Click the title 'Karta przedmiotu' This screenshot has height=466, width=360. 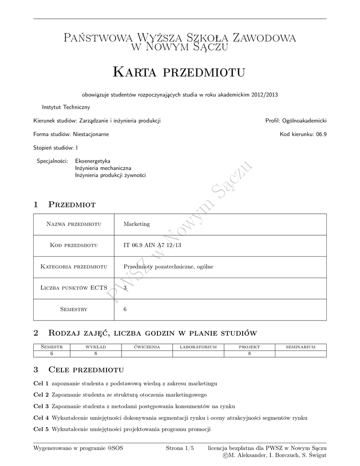pyautogui.click(x=179, y=72)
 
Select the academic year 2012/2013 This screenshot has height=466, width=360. pyautogui.click(x=264, y=95)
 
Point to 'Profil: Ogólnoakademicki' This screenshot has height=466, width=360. pyautogui.click(x=296, y=121)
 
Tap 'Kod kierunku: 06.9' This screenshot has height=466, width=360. pyautogui.click(x=303, y=134)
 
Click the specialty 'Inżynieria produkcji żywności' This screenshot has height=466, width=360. pyautogui.click(x=111, y=175)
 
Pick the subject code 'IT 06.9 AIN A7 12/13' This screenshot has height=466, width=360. pyautogui.click(x=152, y=245)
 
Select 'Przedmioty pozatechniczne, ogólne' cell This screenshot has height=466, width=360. pyautogui.click(x=168, y=267)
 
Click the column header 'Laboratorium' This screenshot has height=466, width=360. pyautogui.click(x=198, y=347)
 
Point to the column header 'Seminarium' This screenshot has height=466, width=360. pyautogui.click(x=300, y=347)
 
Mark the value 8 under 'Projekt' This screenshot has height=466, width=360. pyautogui.click(x=249, y=354)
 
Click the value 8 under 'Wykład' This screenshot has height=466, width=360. pyautogui.click(x=96, y=354)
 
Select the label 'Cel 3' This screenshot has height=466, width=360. pyautogui.click(x=41, y=406)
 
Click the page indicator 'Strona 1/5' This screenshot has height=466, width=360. pyautogui.click(x=180, y=448)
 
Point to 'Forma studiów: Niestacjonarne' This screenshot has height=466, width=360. pyautogui.click(x=71, y=134)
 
